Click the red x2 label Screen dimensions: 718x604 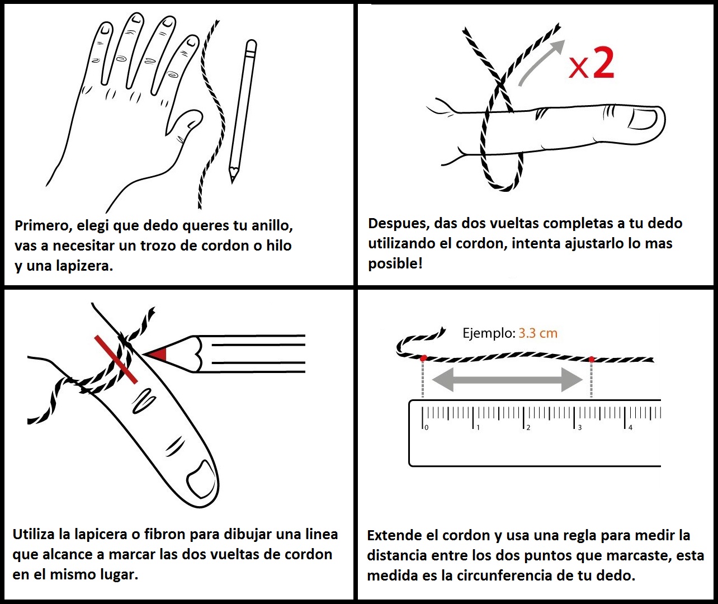point(591,64)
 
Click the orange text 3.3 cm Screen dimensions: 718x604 point(538,333)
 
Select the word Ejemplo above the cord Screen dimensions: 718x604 point(489,333)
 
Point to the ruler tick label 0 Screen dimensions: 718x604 point(427,427)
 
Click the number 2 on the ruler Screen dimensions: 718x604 point(528,427)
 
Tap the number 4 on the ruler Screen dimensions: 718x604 point(630,427)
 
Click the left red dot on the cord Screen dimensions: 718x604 point(423,358)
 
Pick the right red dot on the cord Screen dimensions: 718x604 point(592,360)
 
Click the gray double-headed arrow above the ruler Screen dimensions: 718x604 point(507,380)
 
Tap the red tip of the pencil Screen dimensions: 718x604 point(158,354)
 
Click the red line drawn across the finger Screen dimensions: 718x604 point(116,360)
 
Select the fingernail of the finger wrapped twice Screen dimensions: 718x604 point(643,119)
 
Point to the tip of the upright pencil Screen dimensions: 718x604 point(233,182)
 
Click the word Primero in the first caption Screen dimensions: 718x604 point(43,225)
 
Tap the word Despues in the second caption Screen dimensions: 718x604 point(398,224)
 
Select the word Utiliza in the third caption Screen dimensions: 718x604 point(34,534)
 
